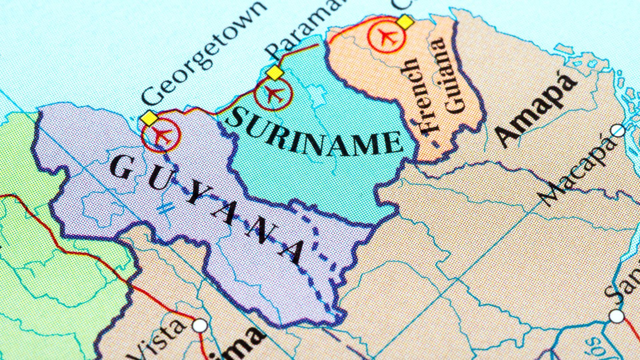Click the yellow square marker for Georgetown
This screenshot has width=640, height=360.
149,119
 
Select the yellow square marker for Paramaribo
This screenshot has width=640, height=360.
275,73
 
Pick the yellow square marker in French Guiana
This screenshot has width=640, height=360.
405,22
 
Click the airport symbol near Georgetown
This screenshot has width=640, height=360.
161,135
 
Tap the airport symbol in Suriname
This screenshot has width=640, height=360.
273,94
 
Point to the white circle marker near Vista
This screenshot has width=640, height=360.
201,325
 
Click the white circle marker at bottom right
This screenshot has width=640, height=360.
616,315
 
